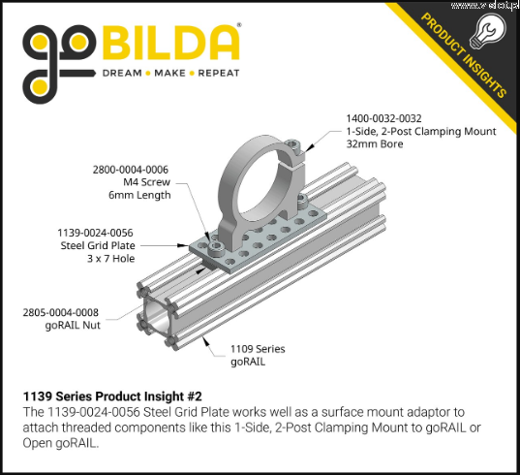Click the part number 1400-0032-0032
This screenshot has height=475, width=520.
(x=383, y=118)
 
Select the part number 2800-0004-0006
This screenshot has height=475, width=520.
(x=131, y=170)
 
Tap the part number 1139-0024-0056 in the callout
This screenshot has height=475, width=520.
(x=95, y=233)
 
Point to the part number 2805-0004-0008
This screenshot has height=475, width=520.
(x=61, y=312)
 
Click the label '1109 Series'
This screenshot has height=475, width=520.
(x=258, y=349)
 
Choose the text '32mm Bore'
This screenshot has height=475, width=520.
(x=375, y=144)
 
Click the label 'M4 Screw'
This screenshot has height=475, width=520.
(x=146, y=182)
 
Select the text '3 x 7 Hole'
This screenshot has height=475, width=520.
(x=111, y=258)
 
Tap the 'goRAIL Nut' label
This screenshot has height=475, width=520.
(x=73, y=325)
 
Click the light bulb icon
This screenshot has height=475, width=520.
(x=487, y=32)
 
